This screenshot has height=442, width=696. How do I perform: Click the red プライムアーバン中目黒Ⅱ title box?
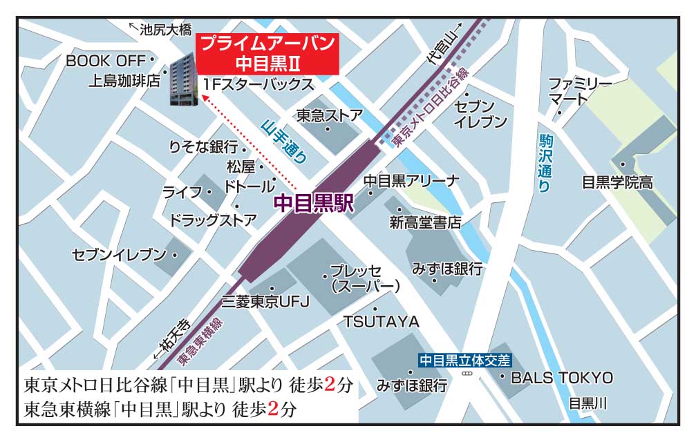(267, 53)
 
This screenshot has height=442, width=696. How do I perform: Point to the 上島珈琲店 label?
(124, 81)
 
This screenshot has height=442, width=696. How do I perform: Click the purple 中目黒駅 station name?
(314, 203)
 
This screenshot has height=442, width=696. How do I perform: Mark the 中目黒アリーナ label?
(411, 181)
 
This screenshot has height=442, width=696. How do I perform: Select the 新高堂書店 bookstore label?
(425, 222)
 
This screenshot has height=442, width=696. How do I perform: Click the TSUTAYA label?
(382, 322)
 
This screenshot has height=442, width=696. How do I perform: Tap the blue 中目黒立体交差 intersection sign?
(465, 360)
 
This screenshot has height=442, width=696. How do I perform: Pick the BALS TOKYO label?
(561, 378)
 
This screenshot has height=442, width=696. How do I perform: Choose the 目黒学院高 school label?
(617, 183)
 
